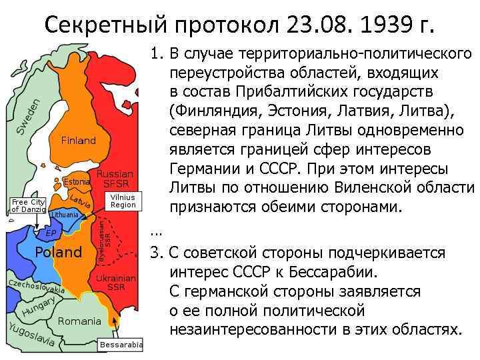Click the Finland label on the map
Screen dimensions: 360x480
78,141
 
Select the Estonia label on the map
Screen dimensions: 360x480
76,181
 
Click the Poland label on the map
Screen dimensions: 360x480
58,252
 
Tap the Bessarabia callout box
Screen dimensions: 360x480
121,345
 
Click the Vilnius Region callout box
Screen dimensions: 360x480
123,201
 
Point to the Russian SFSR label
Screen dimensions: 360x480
117,179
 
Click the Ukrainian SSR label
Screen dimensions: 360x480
116,283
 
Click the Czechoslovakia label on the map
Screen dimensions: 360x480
36,287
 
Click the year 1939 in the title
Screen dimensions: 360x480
375,27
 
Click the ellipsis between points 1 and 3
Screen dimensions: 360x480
156,233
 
